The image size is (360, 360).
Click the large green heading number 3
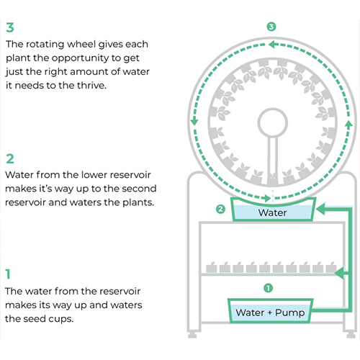10,27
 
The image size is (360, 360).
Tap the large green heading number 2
10,159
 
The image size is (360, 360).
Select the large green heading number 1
8,274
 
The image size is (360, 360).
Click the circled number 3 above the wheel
271,27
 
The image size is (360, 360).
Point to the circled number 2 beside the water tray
220,209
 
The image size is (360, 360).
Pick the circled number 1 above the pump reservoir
268,288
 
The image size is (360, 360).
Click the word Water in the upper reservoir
272,212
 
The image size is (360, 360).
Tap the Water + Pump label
270,312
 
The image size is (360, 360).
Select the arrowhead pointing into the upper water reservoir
321,209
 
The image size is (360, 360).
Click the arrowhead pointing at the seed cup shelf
339,273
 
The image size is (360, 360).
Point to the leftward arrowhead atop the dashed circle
273,45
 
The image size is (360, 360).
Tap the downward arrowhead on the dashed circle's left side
194,121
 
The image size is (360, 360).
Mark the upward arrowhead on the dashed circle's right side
348,124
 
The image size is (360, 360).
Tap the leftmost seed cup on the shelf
212,267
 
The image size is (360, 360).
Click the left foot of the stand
192,335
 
